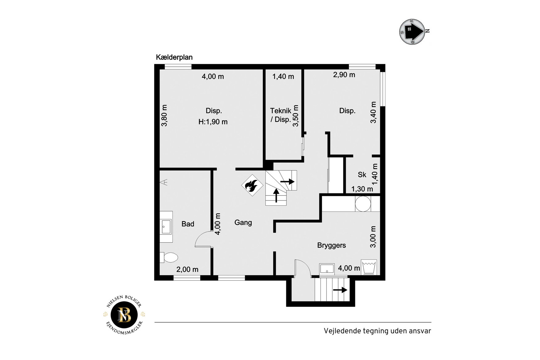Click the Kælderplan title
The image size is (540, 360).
click(174, 57)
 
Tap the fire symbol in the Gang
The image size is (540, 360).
click(252, 185)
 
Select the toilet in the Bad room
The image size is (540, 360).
click(169, 257)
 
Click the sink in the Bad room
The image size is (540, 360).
click(166, 227)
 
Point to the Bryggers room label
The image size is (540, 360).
click(332, 245)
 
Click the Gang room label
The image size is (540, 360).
click(243, 222)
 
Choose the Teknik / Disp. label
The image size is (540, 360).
click(281, 115)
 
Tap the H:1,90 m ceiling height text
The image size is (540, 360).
click(213, 122)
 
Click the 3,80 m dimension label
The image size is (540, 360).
click(164, 115)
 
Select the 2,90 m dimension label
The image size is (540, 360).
click(344, 75)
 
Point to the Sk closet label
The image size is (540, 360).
click(362, 175)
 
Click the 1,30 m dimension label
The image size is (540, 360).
click(362, 189)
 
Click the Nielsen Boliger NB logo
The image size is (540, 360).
click(124, 315)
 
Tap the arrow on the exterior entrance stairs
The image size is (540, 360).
click(340, 290)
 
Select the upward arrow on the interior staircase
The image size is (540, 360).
click(276, 195)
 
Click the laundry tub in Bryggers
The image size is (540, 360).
click(369, 267)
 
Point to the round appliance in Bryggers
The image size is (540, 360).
click(363, 204)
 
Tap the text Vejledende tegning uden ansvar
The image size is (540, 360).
click(377, 331)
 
